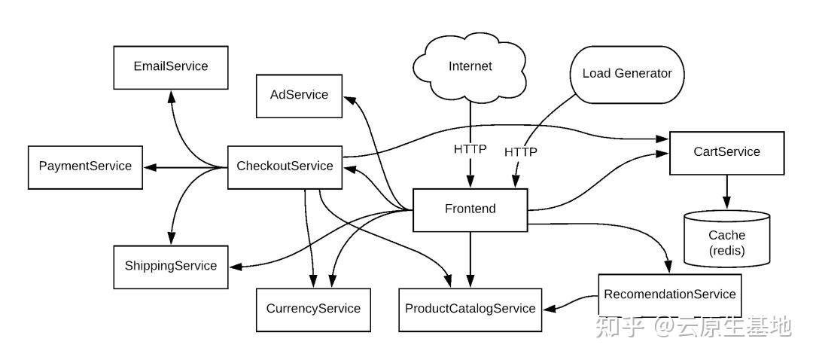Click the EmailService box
(170, 66)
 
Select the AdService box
(299, 95)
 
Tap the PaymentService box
(84, 166)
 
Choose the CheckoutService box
(285, 166)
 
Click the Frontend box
(470, 209)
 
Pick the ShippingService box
(170, 266)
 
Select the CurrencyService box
(313, 309)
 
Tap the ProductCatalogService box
(470, 309)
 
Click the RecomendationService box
(669, 294)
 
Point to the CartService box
(726, 152)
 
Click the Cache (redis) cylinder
(726, 242)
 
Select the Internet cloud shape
(470, 66)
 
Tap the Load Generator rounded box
(626, 74)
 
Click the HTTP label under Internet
(470, 149)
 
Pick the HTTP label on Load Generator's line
(521, 152)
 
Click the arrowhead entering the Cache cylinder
(726, 203)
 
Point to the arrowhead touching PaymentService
(149, 166)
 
